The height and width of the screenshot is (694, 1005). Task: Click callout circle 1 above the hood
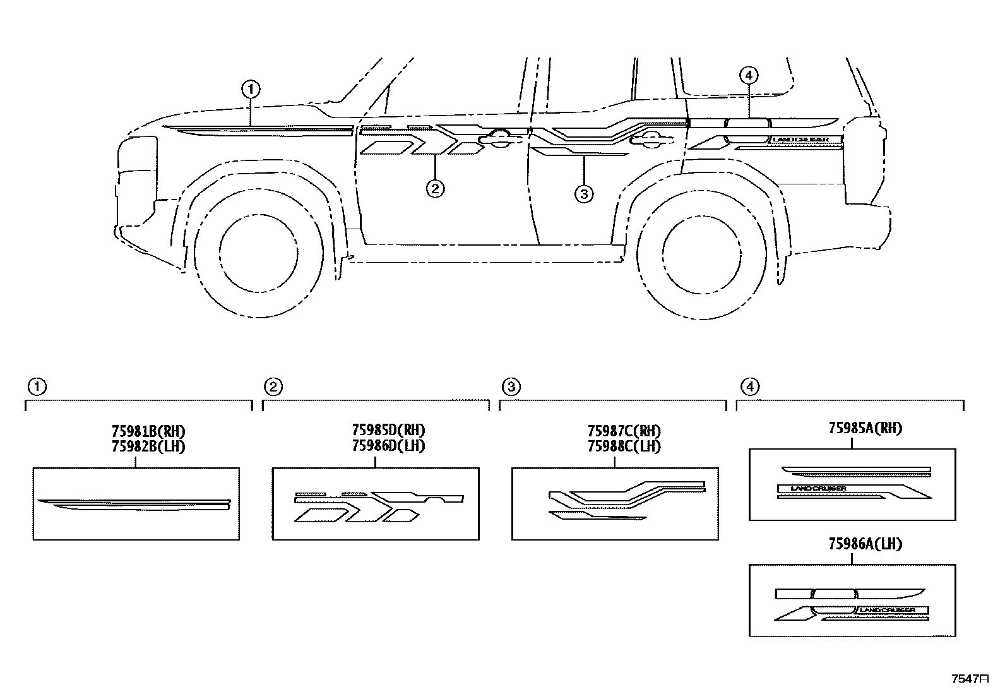coord(251,90)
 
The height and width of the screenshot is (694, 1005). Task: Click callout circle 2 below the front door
coord(435,188)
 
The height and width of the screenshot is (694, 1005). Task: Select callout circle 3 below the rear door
coord(584,194)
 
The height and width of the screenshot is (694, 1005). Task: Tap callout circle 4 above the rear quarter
coord(748,76)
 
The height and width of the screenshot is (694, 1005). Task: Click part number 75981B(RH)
coord(148,432)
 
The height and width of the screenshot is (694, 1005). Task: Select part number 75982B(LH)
coord(148,446)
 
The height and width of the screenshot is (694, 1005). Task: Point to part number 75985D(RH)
coord(388,430)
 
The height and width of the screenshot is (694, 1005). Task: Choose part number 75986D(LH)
coord(388,445)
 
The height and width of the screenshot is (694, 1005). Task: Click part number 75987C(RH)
coord(624,431)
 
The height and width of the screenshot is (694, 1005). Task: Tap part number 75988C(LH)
coord(624,446)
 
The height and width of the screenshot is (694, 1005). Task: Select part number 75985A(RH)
coord(865,428)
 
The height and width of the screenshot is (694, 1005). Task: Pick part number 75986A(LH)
coord(865,544)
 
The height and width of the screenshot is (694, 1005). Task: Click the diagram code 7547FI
coord(970,679)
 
